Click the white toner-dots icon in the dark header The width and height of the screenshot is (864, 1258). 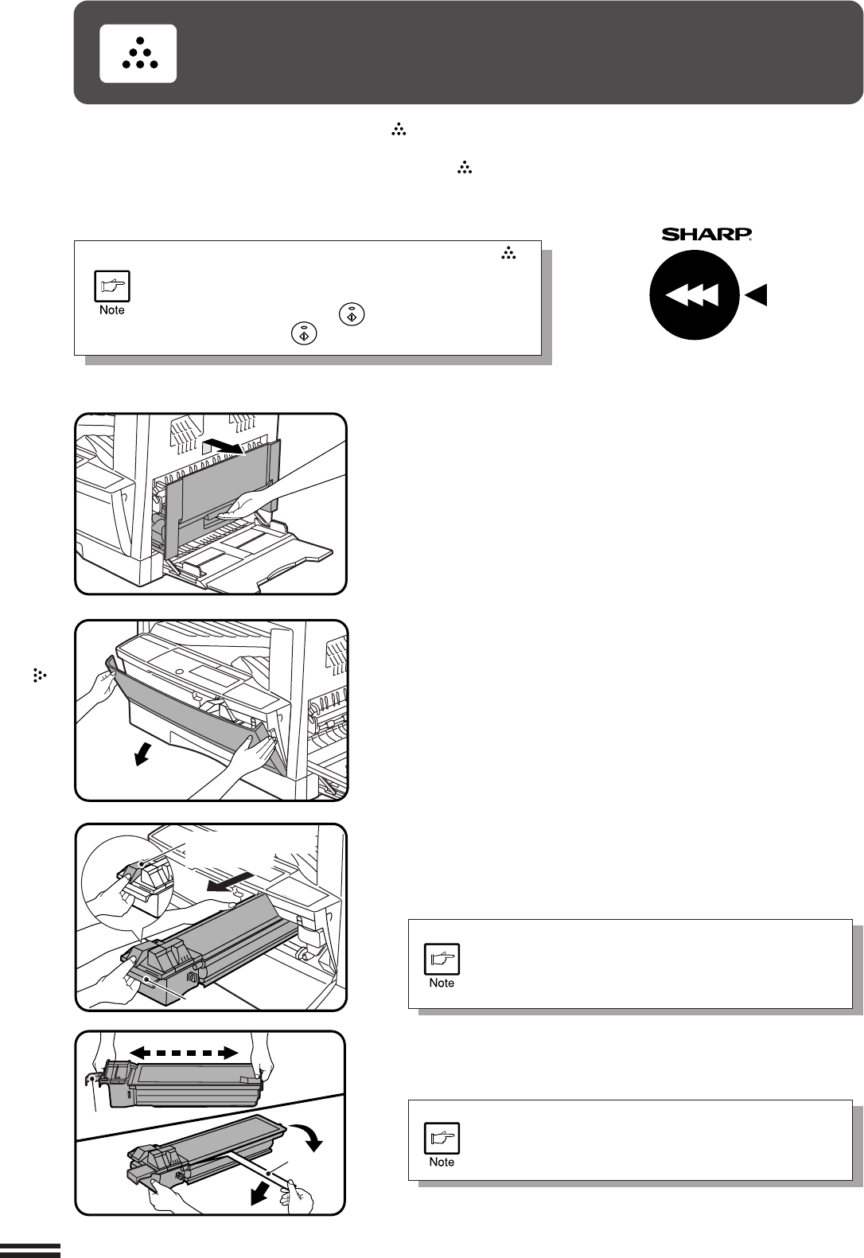(x=138, y=53)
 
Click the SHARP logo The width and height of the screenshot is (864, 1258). (x=707, y=235)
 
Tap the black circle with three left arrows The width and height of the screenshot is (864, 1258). (x=694, y=295)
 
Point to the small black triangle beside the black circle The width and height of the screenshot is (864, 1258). (x=757, y=296)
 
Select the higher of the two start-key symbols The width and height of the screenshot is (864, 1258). (x=352, y=314)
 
